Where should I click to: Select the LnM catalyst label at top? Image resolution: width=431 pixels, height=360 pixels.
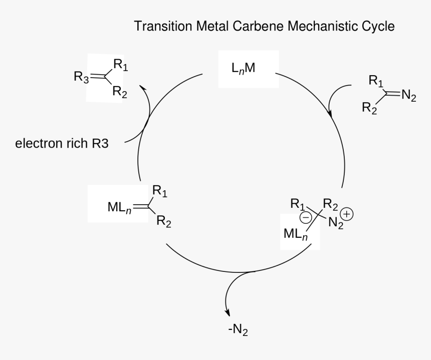tap(243, 69)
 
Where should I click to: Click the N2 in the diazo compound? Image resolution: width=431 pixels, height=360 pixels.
tap(408, 96)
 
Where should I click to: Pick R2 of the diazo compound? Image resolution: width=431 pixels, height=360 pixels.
tap(369, 107)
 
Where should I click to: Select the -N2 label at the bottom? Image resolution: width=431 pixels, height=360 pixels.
tap(238, 330)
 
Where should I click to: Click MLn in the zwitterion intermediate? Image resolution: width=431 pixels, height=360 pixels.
tap(295, 234)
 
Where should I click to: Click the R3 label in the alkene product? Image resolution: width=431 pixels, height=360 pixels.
tap(81, 77)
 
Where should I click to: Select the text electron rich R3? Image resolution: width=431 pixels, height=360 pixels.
tap(62, 144)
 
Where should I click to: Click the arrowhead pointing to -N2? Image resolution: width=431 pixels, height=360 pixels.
tap(228, 312)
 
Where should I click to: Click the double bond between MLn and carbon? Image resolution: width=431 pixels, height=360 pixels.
tap(139, 205)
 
